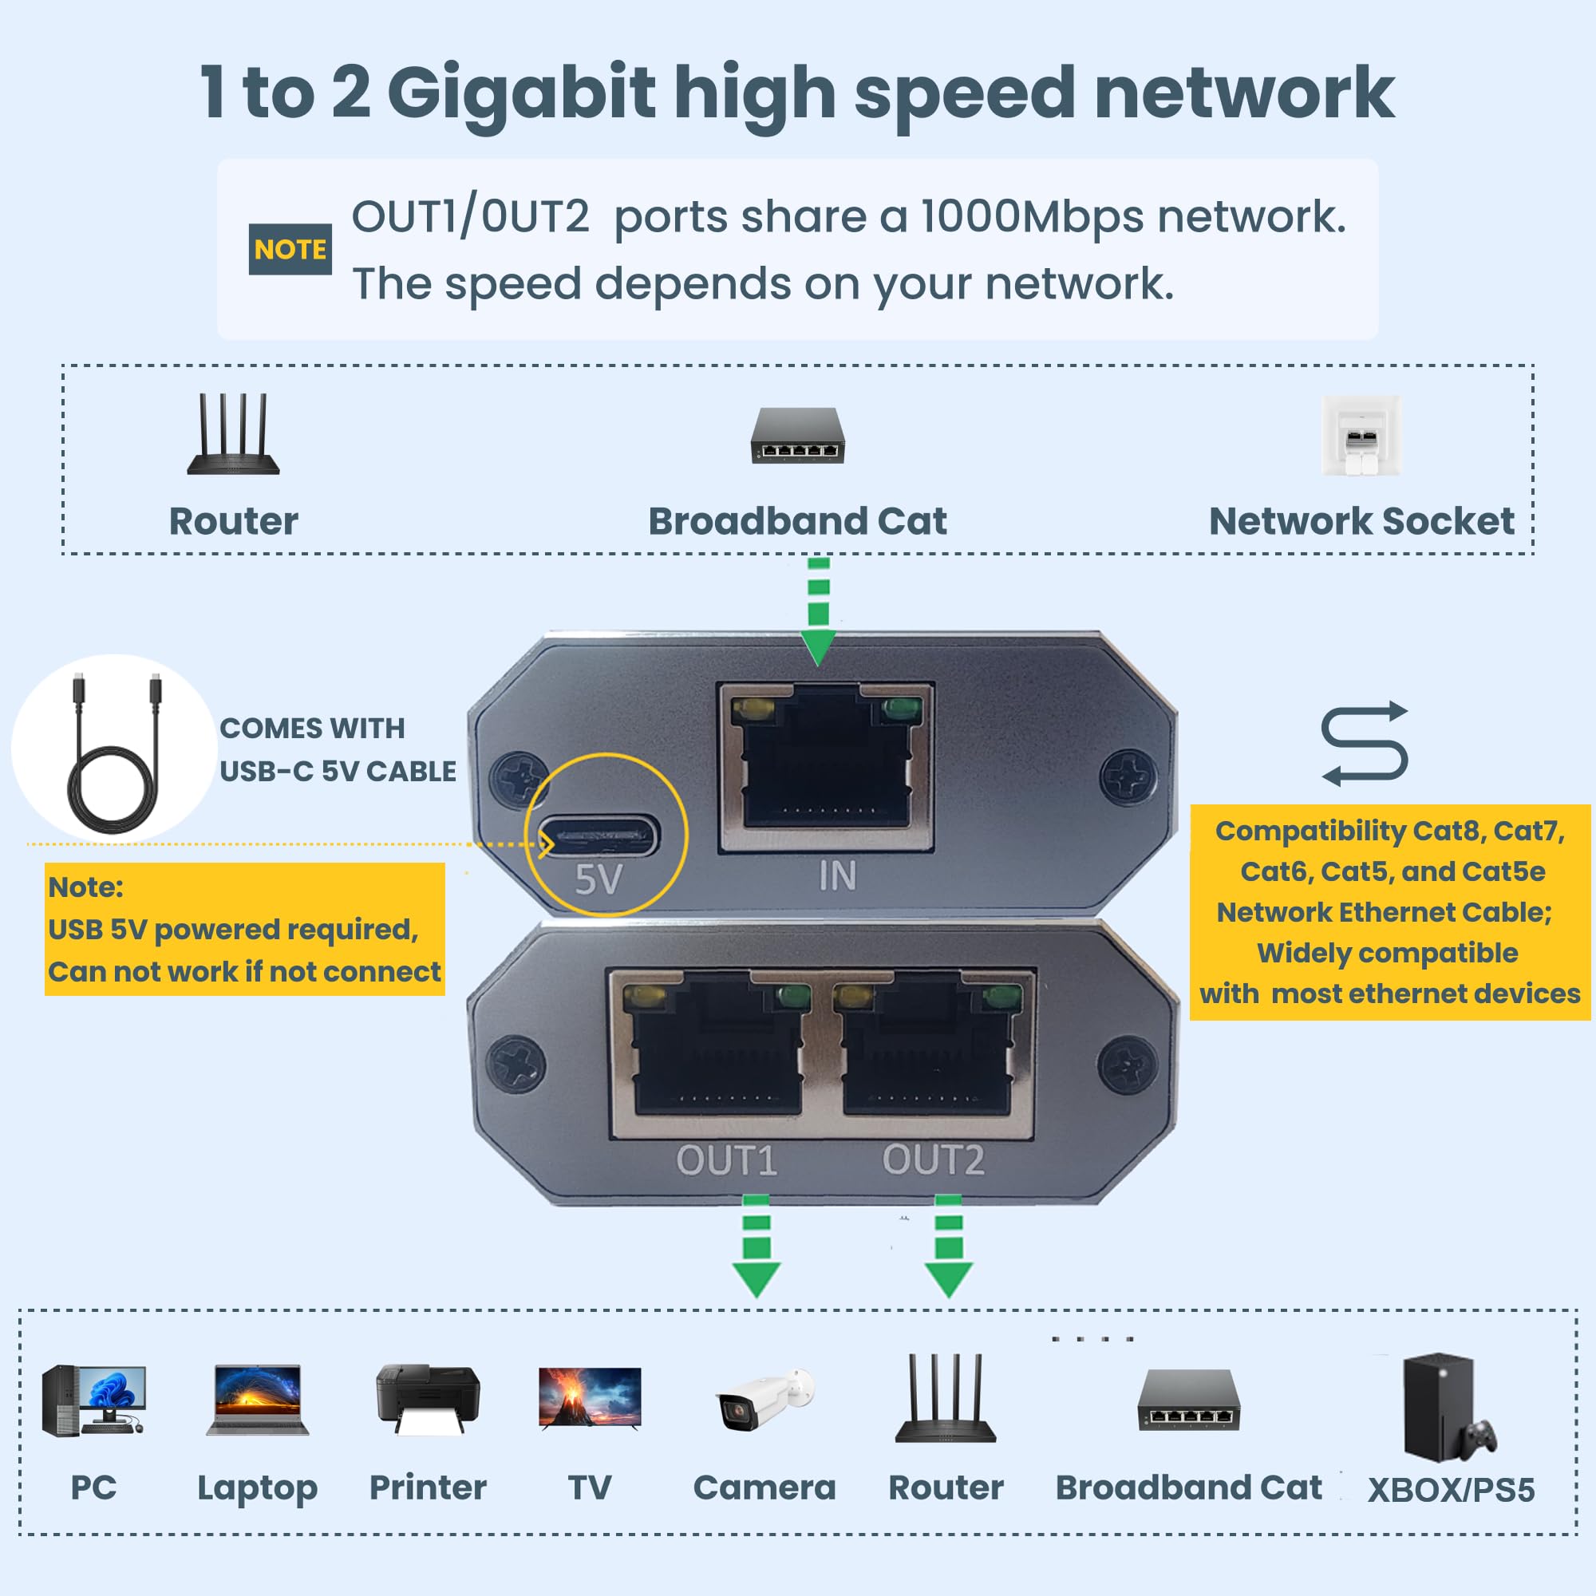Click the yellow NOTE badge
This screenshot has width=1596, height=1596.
pos(290,249)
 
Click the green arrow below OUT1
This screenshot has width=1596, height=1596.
pos(757,1246)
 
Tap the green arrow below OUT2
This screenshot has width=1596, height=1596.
pos(948,1246)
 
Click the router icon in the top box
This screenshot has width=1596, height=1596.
pos(234,435)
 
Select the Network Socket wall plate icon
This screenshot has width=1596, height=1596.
pos(1361,436)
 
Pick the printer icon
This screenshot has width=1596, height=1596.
pos(427,1398)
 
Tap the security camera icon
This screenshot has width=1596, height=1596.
pos(764,1400)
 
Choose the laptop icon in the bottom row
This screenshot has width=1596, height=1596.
pos(257,1400)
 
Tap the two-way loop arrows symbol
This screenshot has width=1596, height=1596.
pos(1364,743)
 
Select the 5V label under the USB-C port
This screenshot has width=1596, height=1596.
pos(598,879)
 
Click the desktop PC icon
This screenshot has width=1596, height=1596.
pos(93,1400)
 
